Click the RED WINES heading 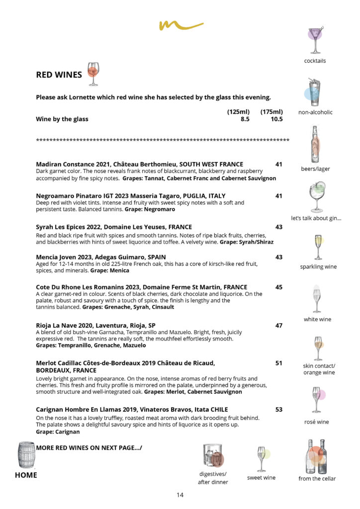click(x=59, y=75)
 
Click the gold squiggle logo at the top click(x=181, y=24)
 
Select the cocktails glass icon click(x=315, y=40)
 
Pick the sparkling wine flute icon click(x=318, y=247)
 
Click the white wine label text click(x=317, y=319)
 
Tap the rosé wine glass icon click(x=316, y=400)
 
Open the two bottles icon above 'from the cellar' click(x=316, y=456)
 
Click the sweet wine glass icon click(x=261, y=458)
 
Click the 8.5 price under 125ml click(x=245, y=119)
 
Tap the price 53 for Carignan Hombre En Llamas click(x=278, y=410)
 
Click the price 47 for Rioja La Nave click(x=278, y=326)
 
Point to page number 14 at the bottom click(x=180, y=495)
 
